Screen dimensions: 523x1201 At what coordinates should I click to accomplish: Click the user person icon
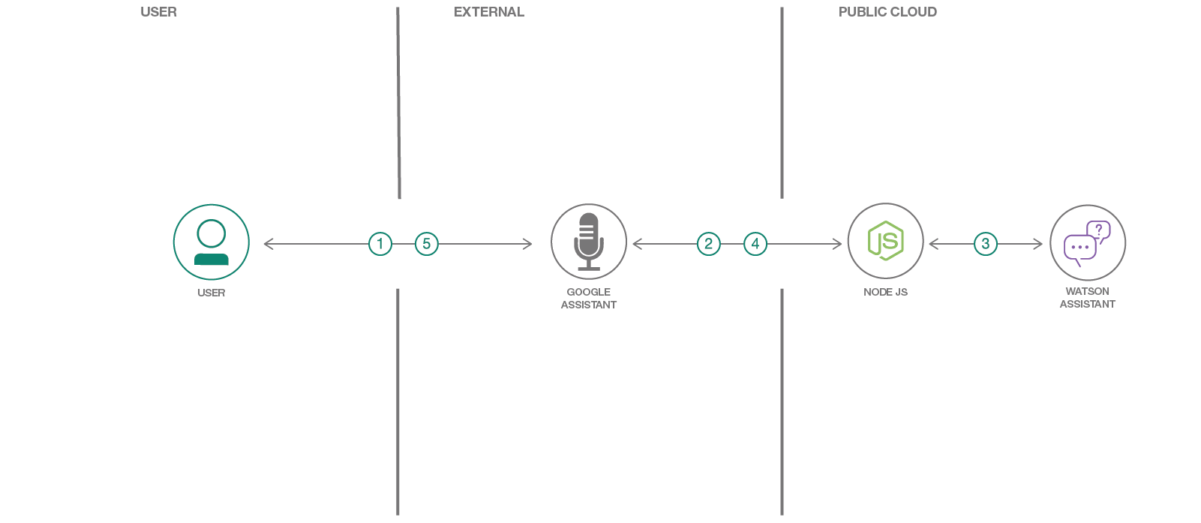(x=212, y=242)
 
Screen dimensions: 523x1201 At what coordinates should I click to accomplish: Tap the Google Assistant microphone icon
(x=589, y=242)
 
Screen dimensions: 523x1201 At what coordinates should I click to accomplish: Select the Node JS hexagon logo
(x=885, y=241)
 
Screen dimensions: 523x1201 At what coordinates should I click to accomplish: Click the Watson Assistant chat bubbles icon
(x=1087, y=242)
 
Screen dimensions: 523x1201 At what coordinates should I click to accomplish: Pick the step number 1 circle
(x=380, y=244)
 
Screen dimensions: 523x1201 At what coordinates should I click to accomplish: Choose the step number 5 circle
(x=427, y=244)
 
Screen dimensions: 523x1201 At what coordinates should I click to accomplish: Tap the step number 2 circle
(x=709, y=244)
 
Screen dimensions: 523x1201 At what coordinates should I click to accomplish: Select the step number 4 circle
(x=755, y=244)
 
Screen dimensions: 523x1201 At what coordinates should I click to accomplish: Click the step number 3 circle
(x=986, y=244)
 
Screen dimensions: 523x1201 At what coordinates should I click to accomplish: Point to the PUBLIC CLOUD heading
(x=887, y=12)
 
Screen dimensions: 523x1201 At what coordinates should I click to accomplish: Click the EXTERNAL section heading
(x=489, y=12)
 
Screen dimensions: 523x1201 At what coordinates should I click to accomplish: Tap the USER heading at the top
(x=159, y=12)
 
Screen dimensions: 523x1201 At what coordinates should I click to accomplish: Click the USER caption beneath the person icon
(x=212, y=293)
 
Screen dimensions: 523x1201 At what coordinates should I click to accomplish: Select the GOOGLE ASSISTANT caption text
(x=589, y=299)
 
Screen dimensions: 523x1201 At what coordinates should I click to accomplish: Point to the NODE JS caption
(x=885, y=292)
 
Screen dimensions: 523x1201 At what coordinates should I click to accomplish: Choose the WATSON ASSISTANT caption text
(x=1087, y=298)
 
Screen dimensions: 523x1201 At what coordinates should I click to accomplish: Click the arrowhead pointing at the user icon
(x=268, y=244)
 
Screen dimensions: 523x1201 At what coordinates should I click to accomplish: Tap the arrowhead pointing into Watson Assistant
(x=1038, y=244)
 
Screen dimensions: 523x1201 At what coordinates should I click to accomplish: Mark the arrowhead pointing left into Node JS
(x=933, y=244)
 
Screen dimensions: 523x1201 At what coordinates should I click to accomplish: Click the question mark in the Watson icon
(x=1099, y=230)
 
